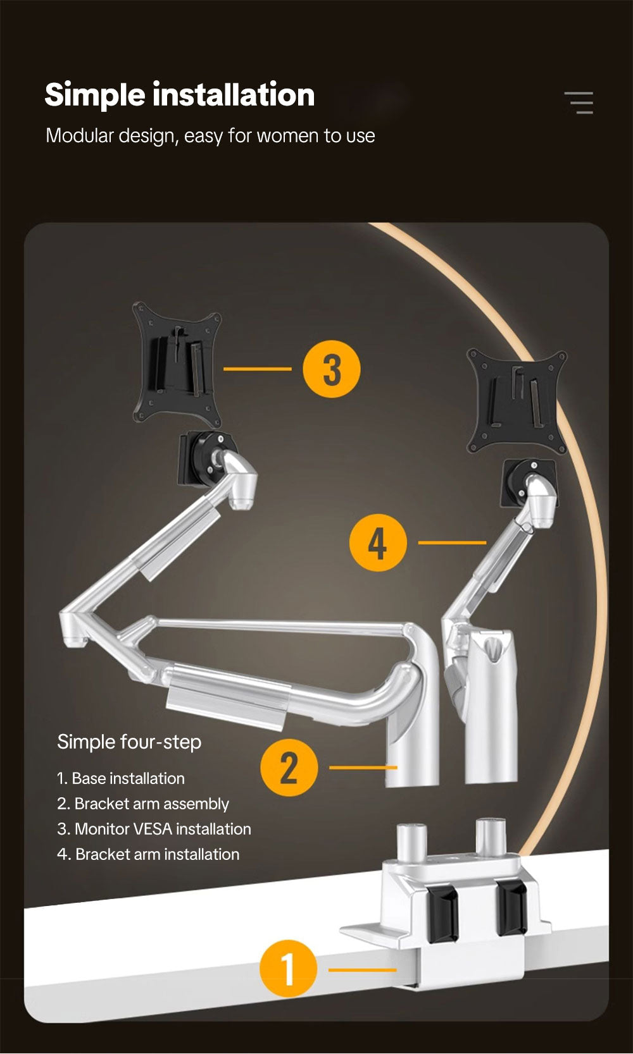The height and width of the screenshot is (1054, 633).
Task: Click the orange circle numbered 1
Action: coord(288,969)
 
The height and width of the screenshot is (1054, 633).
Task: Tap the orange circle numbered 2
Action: coord(289,768)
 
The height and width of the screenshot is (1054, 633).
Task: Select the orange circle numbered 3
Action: coord(332,369)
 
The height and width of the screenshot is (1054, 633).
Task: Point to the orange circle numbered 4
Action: coord(378,542)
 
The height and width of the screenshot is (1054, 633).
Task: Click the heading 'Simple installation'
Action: coord(179,95)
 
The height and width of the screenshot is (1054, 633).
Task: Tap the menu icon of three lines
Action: coord(579,102)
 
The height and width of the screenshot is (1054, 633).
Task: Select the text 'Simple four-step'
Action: coord(129,742)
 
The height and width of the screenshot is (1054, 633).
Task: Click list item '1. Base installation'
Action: coord(120,778)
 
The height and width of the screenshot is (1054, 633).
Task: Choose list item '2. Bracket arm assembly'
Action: coord(142,804)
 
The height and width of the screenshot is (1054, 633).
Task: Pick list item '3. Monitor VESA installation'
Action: coord(154,829)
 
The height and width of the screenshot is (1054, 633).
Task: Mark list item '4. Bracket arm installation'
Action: coord(148,854)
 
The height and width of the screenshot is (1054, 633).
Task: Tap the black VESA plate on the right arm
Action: coord(517,401)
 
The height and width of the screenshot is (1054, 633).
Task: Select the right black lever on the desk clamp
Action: coord(511,906)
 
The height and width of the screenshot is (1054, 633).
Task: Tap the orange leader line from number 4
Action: coord(452,542)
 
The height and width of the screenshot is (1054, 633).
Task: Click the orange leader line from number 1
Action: coord(362,969)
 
